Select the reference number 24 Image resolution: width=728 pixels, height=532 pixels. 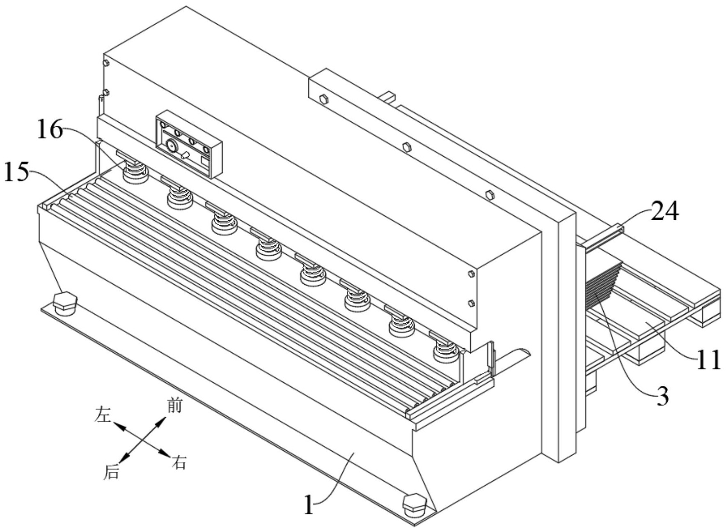(x=665, y=212)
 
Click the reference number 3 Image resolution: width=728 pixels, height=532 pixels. (x=663, y=396)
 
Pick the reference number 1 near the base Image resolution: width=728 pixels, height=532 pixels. (x=309, y=505)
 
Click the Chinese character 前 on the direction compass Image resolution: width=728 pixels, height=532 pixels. (x=174, y=406)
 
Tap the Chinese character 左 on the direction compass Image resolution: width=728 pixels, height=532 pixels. (x=103, y=415)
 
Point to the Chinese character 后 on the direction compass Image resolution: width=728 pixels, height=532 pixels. (x=111, y=472)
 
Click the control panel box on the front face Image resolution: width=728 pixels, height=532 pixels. (x=189, y=145)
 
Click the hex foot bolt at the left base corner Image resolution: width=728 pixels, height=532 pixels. (x=65, y=302)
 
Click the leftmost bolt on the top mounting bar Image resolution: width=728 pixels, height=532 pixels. (x=323, y=99)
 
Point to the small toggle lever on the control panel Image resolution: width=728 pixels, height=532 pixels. (x=185, y=155)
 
